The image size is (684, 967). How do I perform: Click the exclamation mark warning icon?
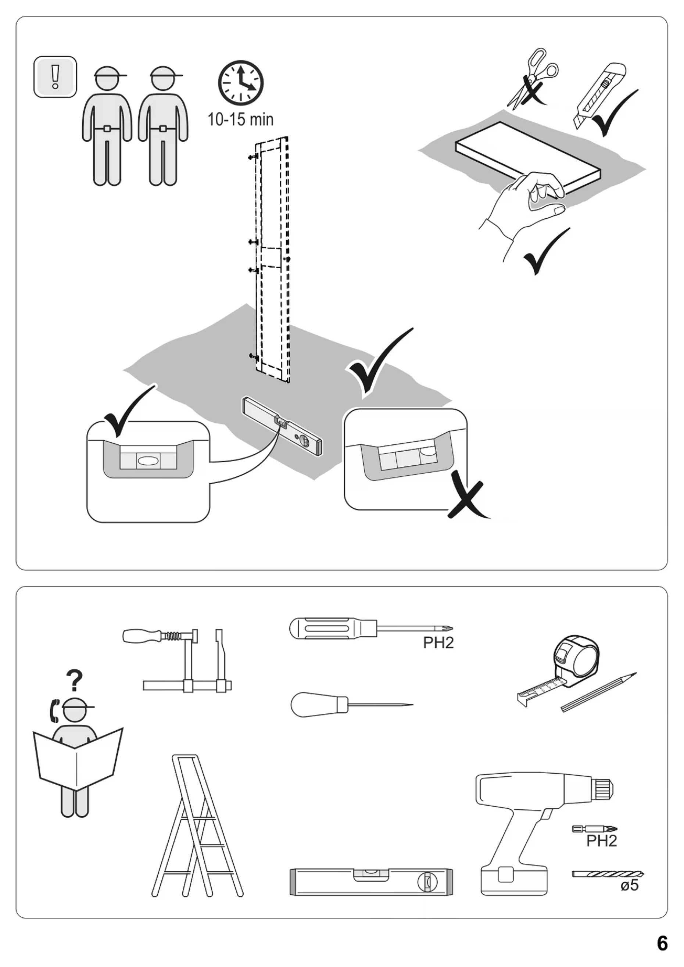(55, 77)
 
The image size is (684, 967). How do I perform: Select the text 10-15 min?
(240, 119)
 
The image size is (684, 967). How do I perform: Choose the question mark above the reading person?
(75, 681)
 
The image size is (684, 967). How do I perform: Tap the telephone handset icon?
(54, 711)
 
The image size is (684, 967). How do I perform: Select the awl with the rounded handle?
(320, 705)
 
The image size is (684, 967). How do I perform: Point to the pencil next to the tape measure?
(598, 693)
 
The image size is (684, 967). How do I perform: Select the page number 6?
(662, 943)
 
